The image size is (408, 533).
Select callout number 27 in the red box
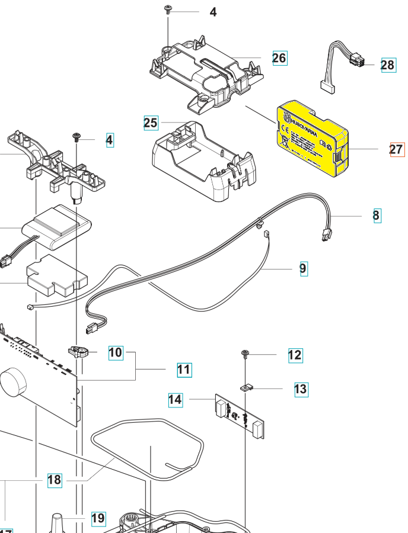397,150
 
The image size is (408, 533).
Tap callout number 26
279,57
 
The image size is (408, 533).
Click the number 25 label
151,123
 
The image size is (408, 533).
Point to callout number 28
388,65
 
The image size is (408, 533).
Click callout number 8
377,216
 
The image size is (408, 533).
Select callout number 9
303,268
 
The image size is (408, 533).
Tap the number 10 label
115,353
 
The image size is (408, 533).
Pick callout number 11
184,370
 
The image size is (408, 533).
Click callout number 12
295,355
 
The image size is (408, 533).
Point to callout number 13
301,389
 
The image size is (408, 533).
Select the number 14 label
175,400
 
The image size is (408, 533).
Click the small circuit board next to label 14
240,415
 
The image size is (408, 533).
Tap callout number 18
54,480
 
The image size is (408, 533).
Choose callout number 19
98,519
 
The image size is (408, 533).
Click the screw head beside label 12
245,354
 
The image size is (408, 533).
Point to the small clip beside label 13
247,388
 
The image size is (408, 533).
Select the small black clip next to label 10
79,352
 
